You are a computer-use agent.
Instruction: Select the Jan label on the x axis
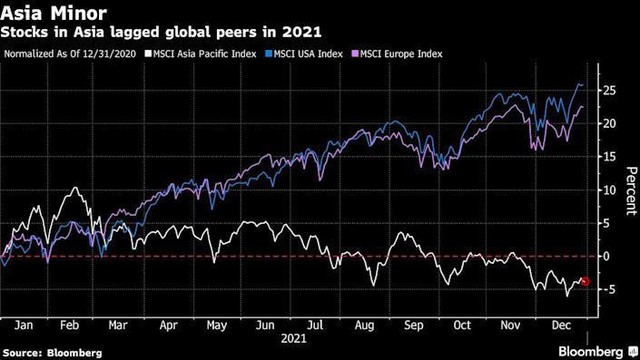click(x=27, y=325)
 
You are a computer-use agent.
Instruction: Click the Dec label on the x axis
click(x=561, y=325)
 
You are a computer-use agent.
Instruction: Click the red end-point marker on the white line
click(x=585, y=281)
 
